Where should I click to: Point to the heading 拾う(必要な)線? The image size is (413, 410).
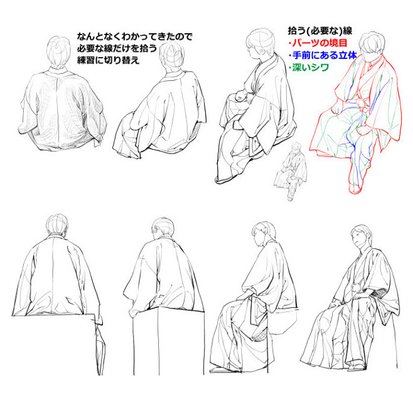319,31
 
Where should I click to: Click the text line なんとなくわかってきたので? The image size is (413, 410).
134,36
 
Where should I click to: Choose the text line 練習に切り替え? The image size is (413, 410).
108,60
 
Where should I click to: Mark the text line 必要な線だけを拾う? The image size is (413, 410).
117,48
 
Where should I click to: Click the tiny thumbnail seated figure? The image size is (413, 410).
291,171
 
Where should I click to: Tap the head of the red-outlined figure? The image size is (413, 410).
372,47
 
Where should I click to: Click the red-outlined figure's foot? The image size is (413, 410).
355,188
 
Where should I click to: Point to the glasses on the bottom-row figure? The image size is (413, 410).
156,229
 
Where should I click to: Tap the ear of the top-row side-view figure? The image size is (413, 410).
262,51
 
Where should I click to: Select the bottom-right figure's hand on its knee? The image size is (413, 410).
333,304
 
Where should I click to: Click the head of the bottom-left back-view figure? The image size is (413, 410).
57,225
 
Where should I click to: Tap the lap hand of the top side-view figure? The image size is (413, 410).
241,95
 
